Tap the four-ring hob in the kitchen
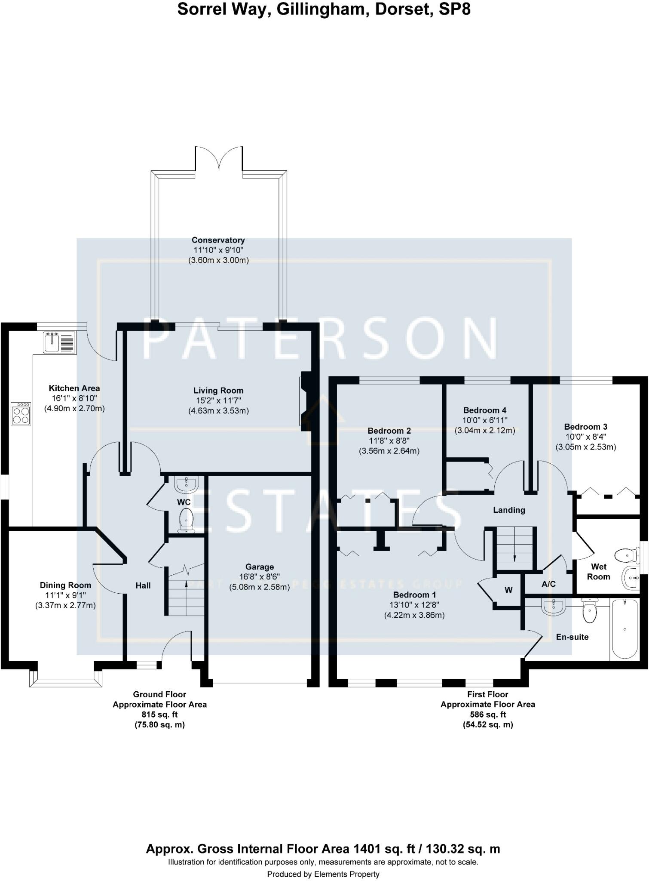[21, 413]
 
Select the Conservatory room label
[218, 240]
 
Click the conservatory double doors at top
[219, 159]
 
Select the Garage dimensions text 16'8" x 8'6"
[260, 577]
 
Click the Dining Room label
[65, 585]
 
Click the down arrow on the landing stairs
[514, 558]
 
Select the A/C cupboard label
[548, 584]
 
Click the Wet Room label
[598, 572]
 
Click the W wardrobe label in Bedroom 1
[508, 590]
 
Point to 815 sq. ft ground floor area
[159, 715]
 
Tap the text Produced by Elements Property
[323, 874]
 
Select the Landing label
[509, 510]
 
